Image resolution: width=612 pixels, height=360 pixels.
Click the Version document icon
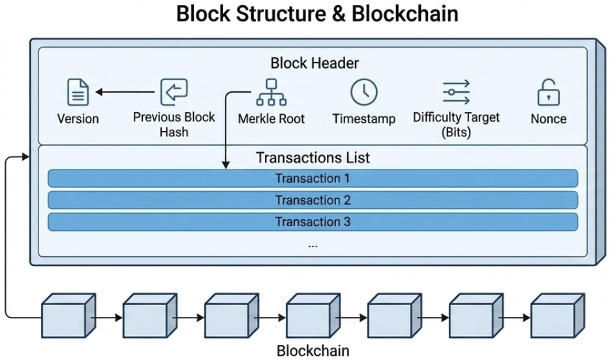point(78,92)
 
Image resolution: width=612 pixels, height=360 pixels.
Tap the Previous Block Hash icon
point(174,92)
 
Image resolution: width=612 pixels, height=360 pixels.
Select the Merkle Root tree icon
point(271,92)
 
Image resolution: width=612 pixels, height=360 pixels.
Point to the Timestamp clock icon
point(363,92)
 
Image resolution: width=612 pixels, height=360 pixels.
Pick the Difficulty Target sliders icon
point(456,92)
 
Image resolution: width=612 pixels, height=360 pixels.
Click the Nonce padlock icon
point(548,93)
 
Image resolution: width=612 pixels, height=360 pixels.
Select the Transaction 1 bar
point(313,178)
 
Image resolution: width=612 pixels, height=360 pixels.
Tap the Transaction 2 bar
point(313,200)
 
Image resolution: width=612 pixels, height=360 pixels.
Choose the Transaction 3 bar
point(313,222)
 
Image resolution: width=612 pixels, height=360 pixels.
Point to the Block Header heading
point(314,63)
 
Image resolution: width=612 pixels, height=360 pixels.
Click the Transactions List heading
point(313,157)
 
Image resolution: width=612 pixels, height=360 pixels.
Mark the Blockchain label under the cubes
point(313,350)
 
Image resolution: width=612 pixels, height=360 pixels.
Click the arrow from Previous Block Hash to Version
point(127,92)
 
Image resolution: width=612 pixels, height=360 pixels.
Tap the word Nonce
point(548,119)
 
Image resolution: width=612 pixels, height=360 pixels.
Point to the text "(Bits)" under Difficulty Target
point(456,132)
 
